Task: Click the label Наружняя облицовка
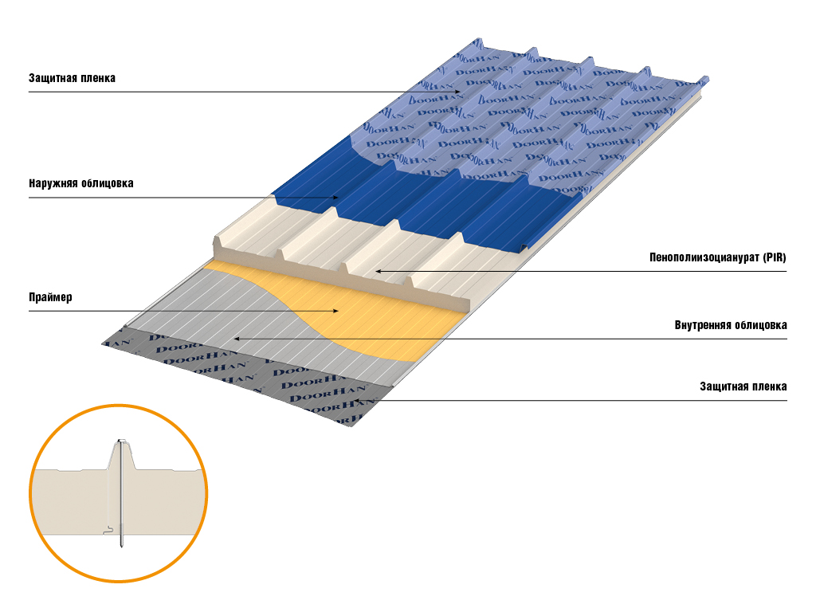pyautogui.click(x=80, y=183)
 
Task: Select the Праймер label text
pyautogui.click(x=50, y=298)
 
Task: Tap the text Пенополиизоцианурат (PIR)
pyautogui.click(x=718, y=258)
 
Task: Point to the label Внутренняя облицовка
pyautogui.click(x=731, y=325)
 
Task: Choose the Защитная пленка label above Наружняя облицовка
pyautogui.click(x=72, y=78)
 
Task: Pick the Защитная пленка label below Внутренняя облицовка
pyautogui.click(x=743, y=386)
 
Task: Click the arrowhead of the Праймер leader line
pyautogui.click(x=338, y=311)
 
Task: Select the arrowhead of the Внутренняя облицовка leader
pyautogui.click(x=235, y=339)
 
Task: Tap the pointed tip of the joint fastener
pyautogui.click(x=122, y=546)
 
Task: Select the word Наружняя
pyautogui.click(x=52, y=183)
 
